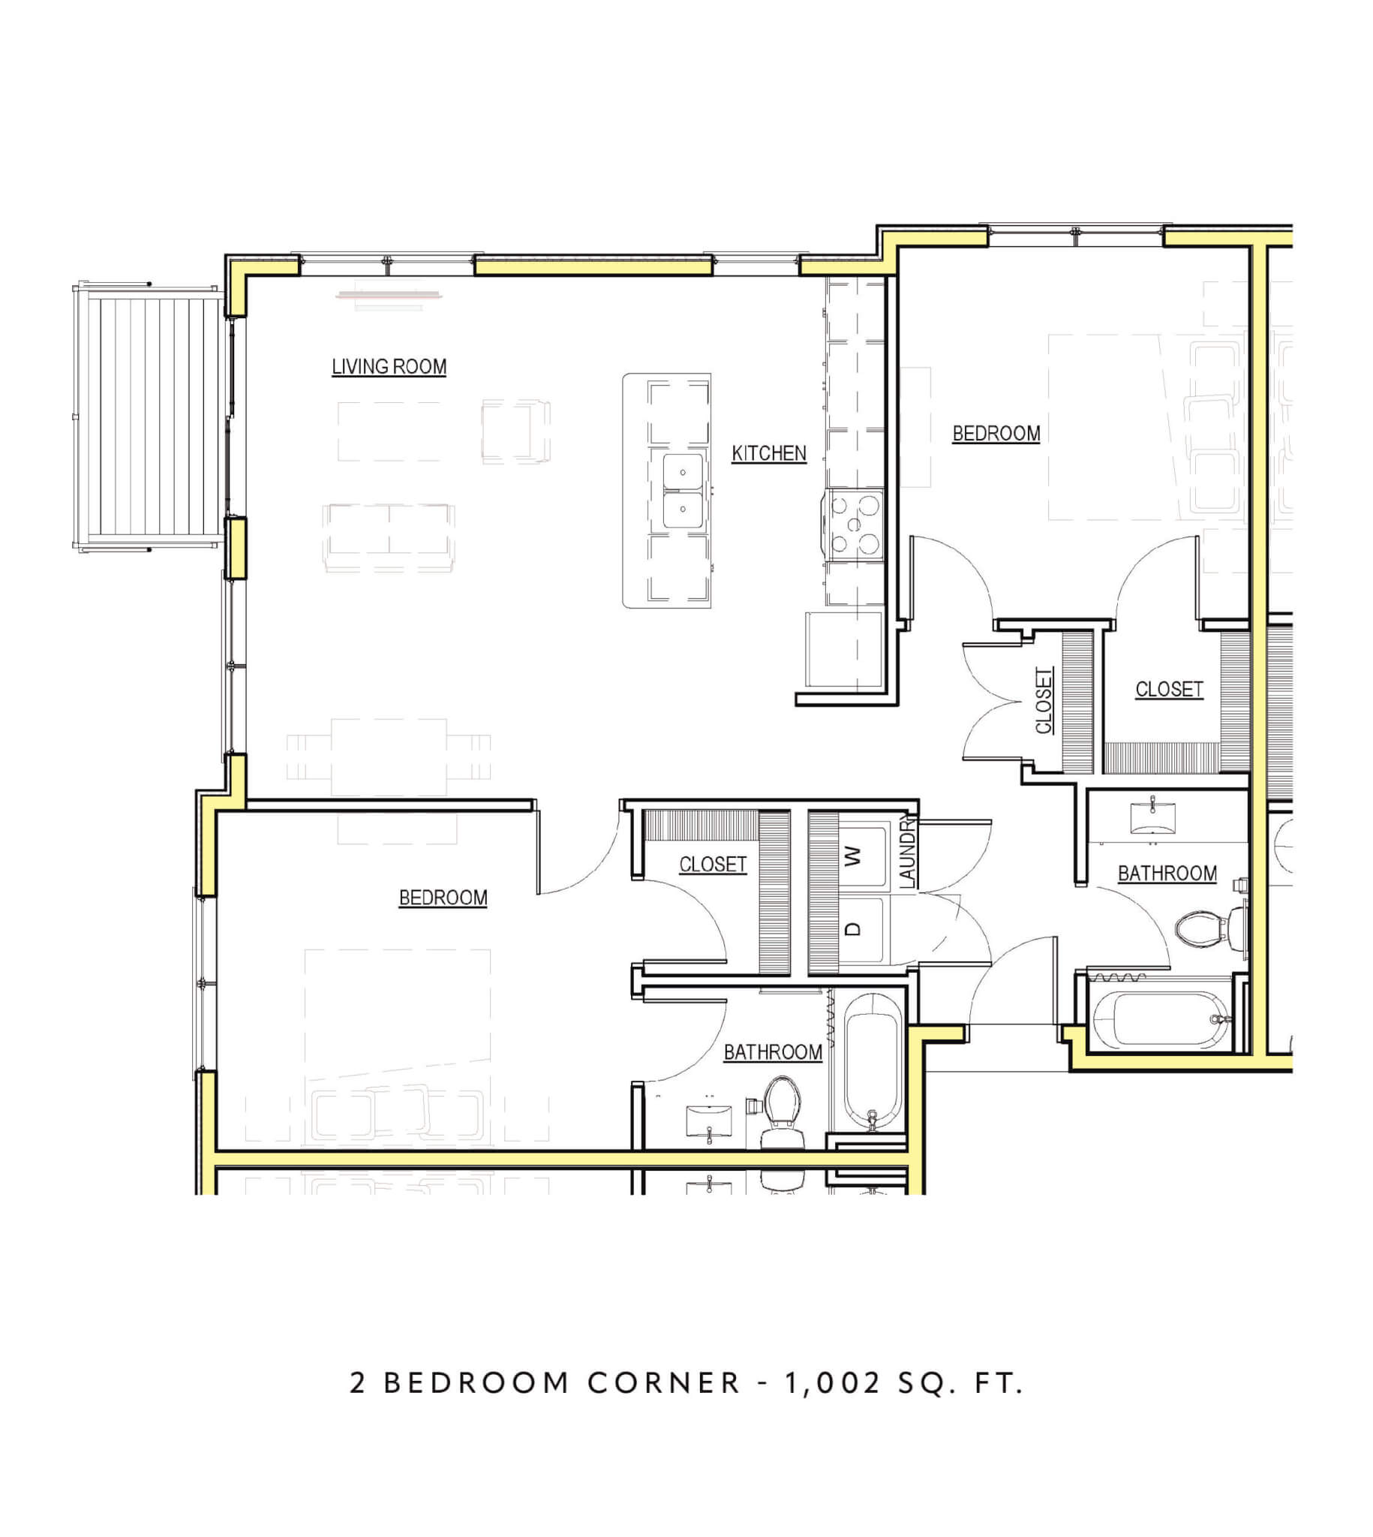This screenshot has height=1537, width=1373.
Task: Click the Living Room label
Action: tap(389, 367)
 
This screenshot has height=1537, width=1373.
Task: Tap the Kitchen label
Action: tap(769, 453)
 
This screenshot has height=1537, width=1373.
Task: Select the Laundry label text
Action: tap(908, 852)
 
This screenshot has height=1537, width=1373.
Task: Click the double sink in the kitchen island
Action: tap(683, 491)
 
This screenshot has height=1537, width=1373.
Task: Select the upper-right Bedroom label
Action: tap(996, 434)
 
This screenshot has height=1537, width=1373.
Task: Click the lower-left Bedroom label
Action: tap(443, 898)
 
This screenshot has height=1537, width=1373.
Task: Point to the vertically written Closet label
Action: tap(1044, 699)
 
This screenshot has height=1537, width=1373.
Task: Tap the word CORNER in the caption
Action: tap(665, 1382)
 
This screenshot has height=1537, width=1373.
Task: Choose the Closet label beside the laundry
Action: tap(713, 864)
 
